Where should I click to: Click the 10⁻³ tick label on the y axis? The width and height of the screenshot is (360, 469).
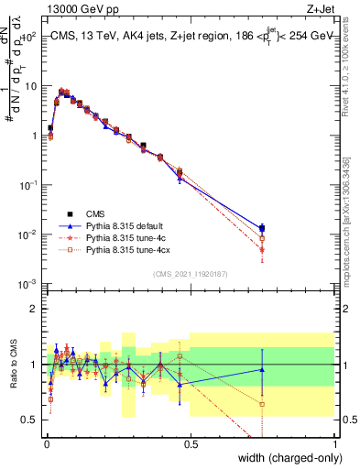[29, 284]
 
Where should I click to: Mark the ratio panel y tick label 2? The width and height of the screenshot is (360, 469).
[37, 309]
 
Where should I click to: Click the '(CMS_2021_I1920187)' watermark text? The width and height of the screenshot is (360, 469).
[191, 273]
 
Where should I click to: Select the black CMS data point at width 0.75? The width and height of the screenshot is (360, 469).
[262, 228]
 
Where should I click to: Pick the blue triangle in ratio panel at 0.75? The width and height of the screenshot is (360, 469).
[262, 369]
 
